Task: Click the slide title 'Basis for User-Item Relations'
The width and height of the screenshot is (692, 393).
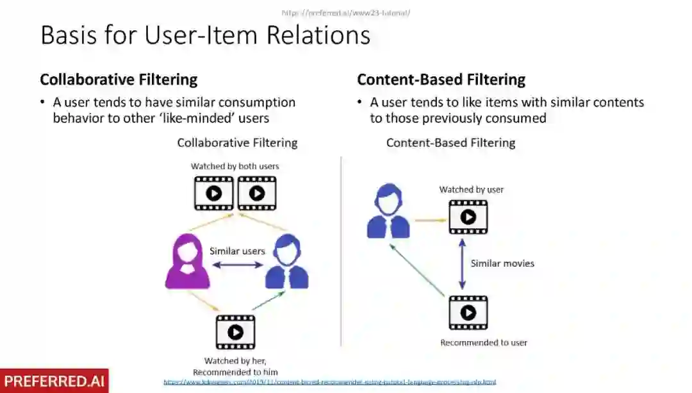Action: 205,35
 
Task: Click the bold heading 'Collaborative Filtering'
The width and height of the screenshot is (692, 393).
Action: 119,79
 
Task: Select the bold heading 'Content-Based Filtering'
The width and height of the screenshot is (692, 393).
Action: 441,79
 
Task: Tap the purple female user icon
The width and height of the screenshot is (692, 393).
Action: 187,262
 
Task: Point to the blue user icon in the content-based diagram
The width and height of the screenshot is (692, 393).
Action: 388,212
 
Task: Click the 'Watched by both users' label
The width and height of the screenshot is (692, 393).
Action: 235,166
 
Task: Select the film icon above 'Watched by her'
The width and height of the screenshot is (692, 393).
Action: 235,331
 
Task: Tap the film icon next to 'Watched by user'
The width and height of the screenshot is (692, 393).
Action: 468,217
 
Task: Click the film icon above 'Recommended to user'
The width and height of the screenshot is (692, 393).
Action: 468,312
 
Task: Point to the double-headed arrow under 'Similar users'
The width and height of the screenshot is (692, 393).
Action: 237,264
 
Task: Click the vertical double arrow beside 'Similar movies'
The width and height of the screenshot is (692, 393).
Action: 461,263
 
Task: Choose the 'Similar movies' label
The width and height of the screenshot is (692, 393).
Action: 502,263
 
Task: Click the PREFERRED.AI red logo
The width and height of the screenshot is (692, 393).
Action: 54,381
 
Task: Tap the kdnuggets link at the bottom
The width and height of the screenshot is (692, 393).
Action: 329,382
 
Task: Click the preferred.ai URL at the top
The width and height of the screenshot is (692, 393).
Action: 345,12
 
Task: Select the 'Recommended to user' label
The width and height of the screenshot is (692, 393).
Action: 484,342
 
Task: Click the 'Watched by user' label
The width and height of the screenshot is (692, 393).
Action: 472,190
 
